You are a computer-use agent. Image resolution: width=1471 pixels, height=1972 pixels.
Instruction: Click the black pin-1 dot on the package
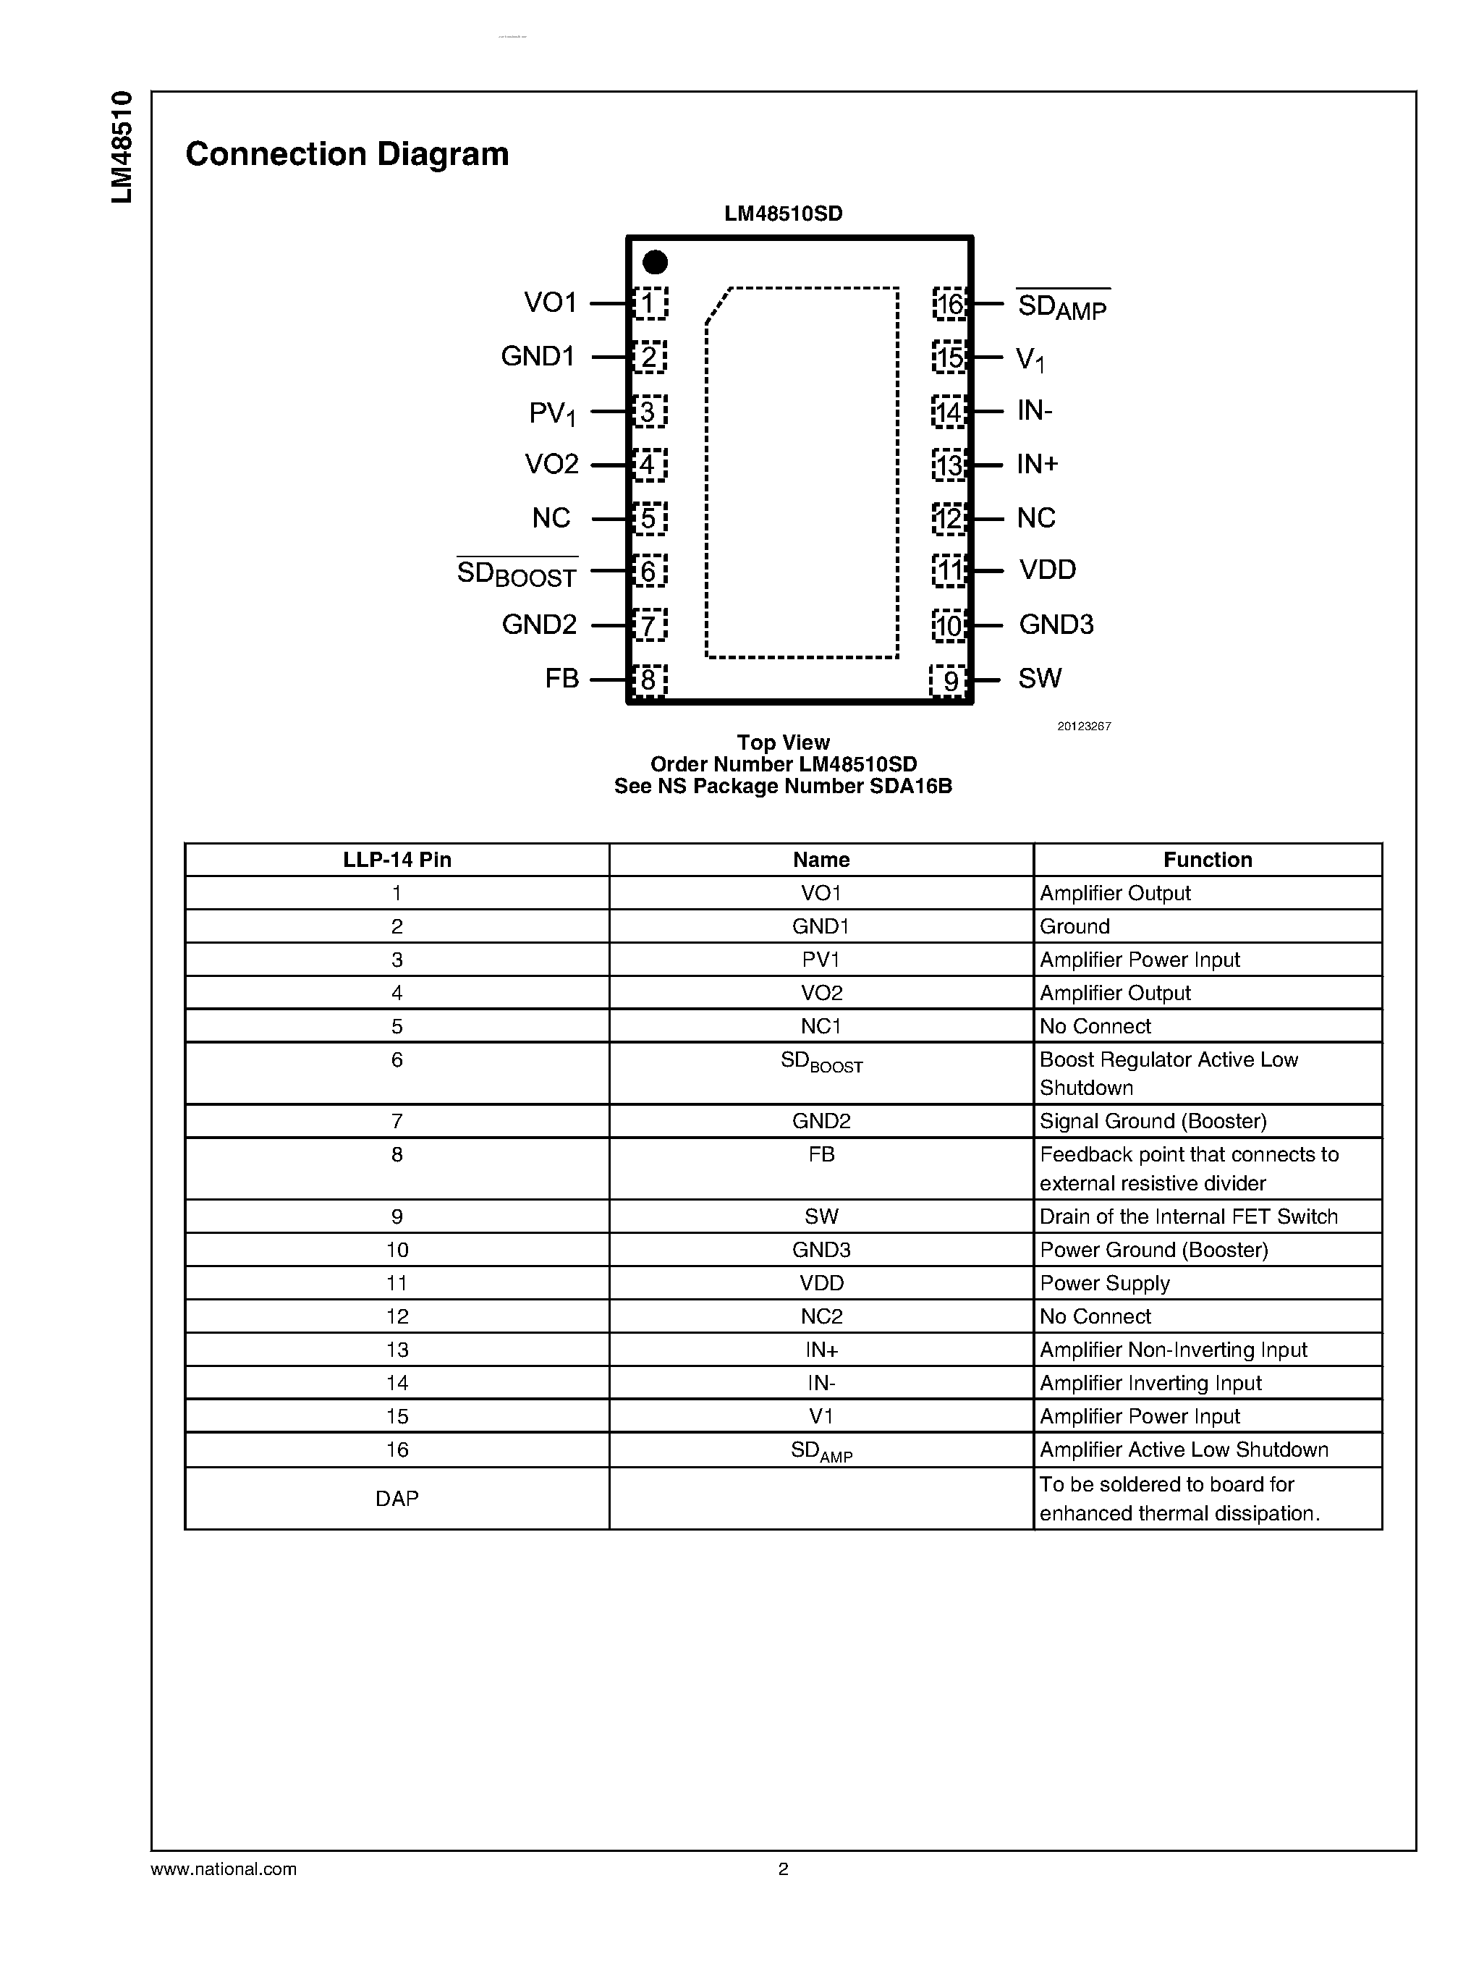pyautogui.click(x=655, y=262)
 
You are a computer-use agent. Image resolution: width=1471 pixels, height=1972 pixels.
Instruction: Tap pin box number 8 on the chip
pyautogui.click(x=649, y=680)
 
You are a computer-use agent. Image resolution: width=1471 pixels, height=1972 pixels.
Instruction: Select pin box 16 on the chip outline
pyautogui.click(x=949, y=304)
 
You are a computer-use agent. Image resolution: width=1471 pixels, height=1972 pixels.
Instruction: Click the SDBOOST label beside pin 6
pyautogui.click(x=517, y=572)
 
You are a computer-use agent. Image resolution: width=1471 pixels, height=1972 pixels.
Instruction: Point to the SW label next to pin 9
pyautogui.click(x=1039, y=679)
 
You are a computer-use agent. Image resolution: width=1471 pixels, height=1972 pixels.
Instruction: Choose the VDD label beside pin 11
pyautogui.click(x=1047, y=570)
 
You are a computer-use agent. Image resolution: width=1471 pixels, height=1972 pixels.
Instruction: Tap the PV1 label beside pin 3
pyautogui.click(x=552, y=413)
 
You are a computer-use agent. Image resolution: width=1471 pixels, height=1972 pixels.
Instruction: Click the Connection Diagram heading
pyautogui.click(x=347, y=154)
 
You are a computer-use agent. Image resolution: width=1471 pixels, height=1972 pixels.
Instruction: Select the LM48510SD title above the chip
pyautogui.click(x=783, y=213)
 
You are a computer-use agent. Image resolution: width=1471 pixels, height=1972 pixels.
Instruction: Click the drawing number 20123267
pyautogui.click(x=1084, y=726)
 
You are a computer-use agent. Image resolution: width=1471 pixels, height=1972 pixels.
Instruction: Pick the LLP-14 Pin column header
pyautogui.click(x=397, y=860)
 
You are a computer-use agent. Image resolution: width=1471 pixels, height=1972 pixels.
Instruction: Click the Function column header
pyautogui.click(x=1207, y=860)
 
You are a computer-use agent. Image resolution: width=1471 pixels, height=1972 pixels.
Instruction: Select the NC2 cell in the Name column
pyautogui.click(x=821, y=1316)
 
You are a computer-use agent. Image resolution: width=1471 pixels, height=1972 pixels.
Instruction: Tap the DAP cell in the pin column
pyautogui.click(x=397, y=1498)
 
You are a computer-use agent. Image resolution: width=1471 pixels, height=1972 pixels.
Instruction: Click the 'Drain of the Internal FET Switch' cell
pyautogui.click(x=1188, y=1216)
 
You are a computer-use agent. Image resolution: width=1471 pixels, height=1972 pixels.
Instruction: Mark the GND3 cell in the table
pyautogui.click(x=821, y=1250)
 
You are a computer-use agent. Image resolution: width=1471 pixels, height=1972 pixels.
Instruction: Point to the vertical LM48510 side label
pyautogui.click(x=122, y=147)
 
